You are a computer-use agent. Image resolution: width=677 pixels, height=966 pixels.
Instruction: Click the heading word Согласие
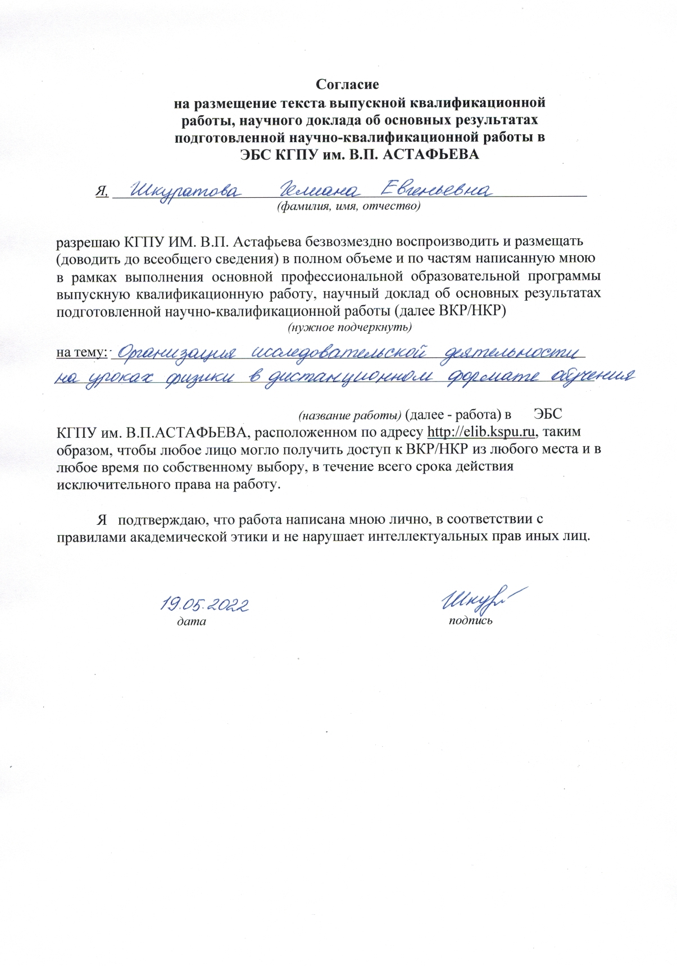coord(347,85)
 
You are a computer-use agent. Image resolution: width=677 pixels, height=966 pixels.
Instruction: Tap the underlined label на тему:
coord(81,352)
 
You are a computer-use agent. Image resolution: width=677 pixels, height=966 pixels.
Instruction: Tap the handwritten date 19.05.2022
coord(205,605)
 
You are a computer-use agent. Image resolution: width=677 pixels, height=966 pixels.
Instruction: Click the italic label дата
coord(192,622)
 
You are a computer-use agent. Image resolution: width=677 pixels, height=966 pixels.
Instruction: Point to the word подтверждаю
coord(163,519)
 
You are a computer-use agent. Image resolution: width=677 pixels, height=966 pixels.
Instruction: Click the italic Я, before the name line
coord(102,192)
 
